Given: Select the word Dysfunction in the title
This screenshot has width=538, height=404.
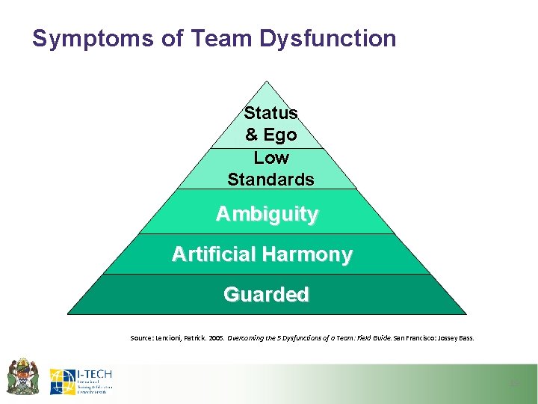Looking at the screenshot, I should [x=328, y=38].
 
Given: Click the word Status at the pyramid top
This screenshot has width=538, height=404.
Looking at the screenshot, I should [x=270, y=113].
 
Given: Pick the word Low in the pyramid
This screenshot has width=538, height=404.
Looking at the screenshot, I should [x=270, y=158].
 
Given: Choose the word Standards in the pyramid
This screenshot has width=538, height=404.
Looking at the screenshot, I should [x=270, y=180].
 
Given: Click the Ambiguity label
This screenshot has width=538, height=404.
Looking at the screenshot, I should [x=267, y=214].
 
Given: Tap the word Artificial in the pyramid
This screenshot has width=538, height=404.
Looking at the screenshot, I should [x=214, y=254].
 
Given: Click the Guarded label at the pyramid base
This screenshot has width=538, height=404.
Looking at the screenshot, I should [x=266, y=295].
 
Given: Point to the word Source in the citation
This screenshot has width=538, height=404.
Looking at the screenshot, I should [x=143, y=338].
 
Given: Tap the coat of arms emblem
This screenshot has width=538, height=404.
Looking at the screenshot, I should [x=22, y=376].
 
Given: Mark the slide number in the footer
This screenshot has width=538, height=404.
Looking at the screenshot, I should [x=513, y=384].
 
